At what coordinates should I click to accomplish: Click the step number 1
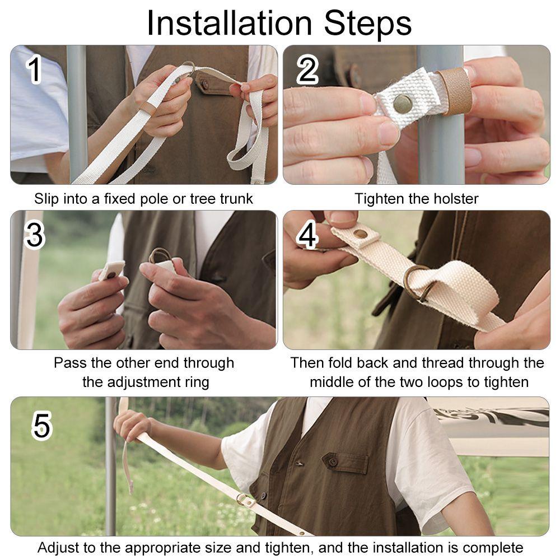35,70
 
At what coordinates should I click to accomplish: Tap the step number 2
307,71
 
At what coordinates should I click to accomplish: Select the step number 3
35,235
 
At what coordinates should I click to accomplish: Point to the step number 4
307,235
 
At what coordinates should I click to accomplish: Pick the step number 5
42,425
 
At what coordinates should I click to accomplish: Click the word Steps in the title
368,24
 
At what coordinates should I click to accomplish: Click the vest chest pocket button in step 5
333,462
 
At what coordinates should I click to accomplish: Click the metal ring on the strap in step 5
242,498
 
